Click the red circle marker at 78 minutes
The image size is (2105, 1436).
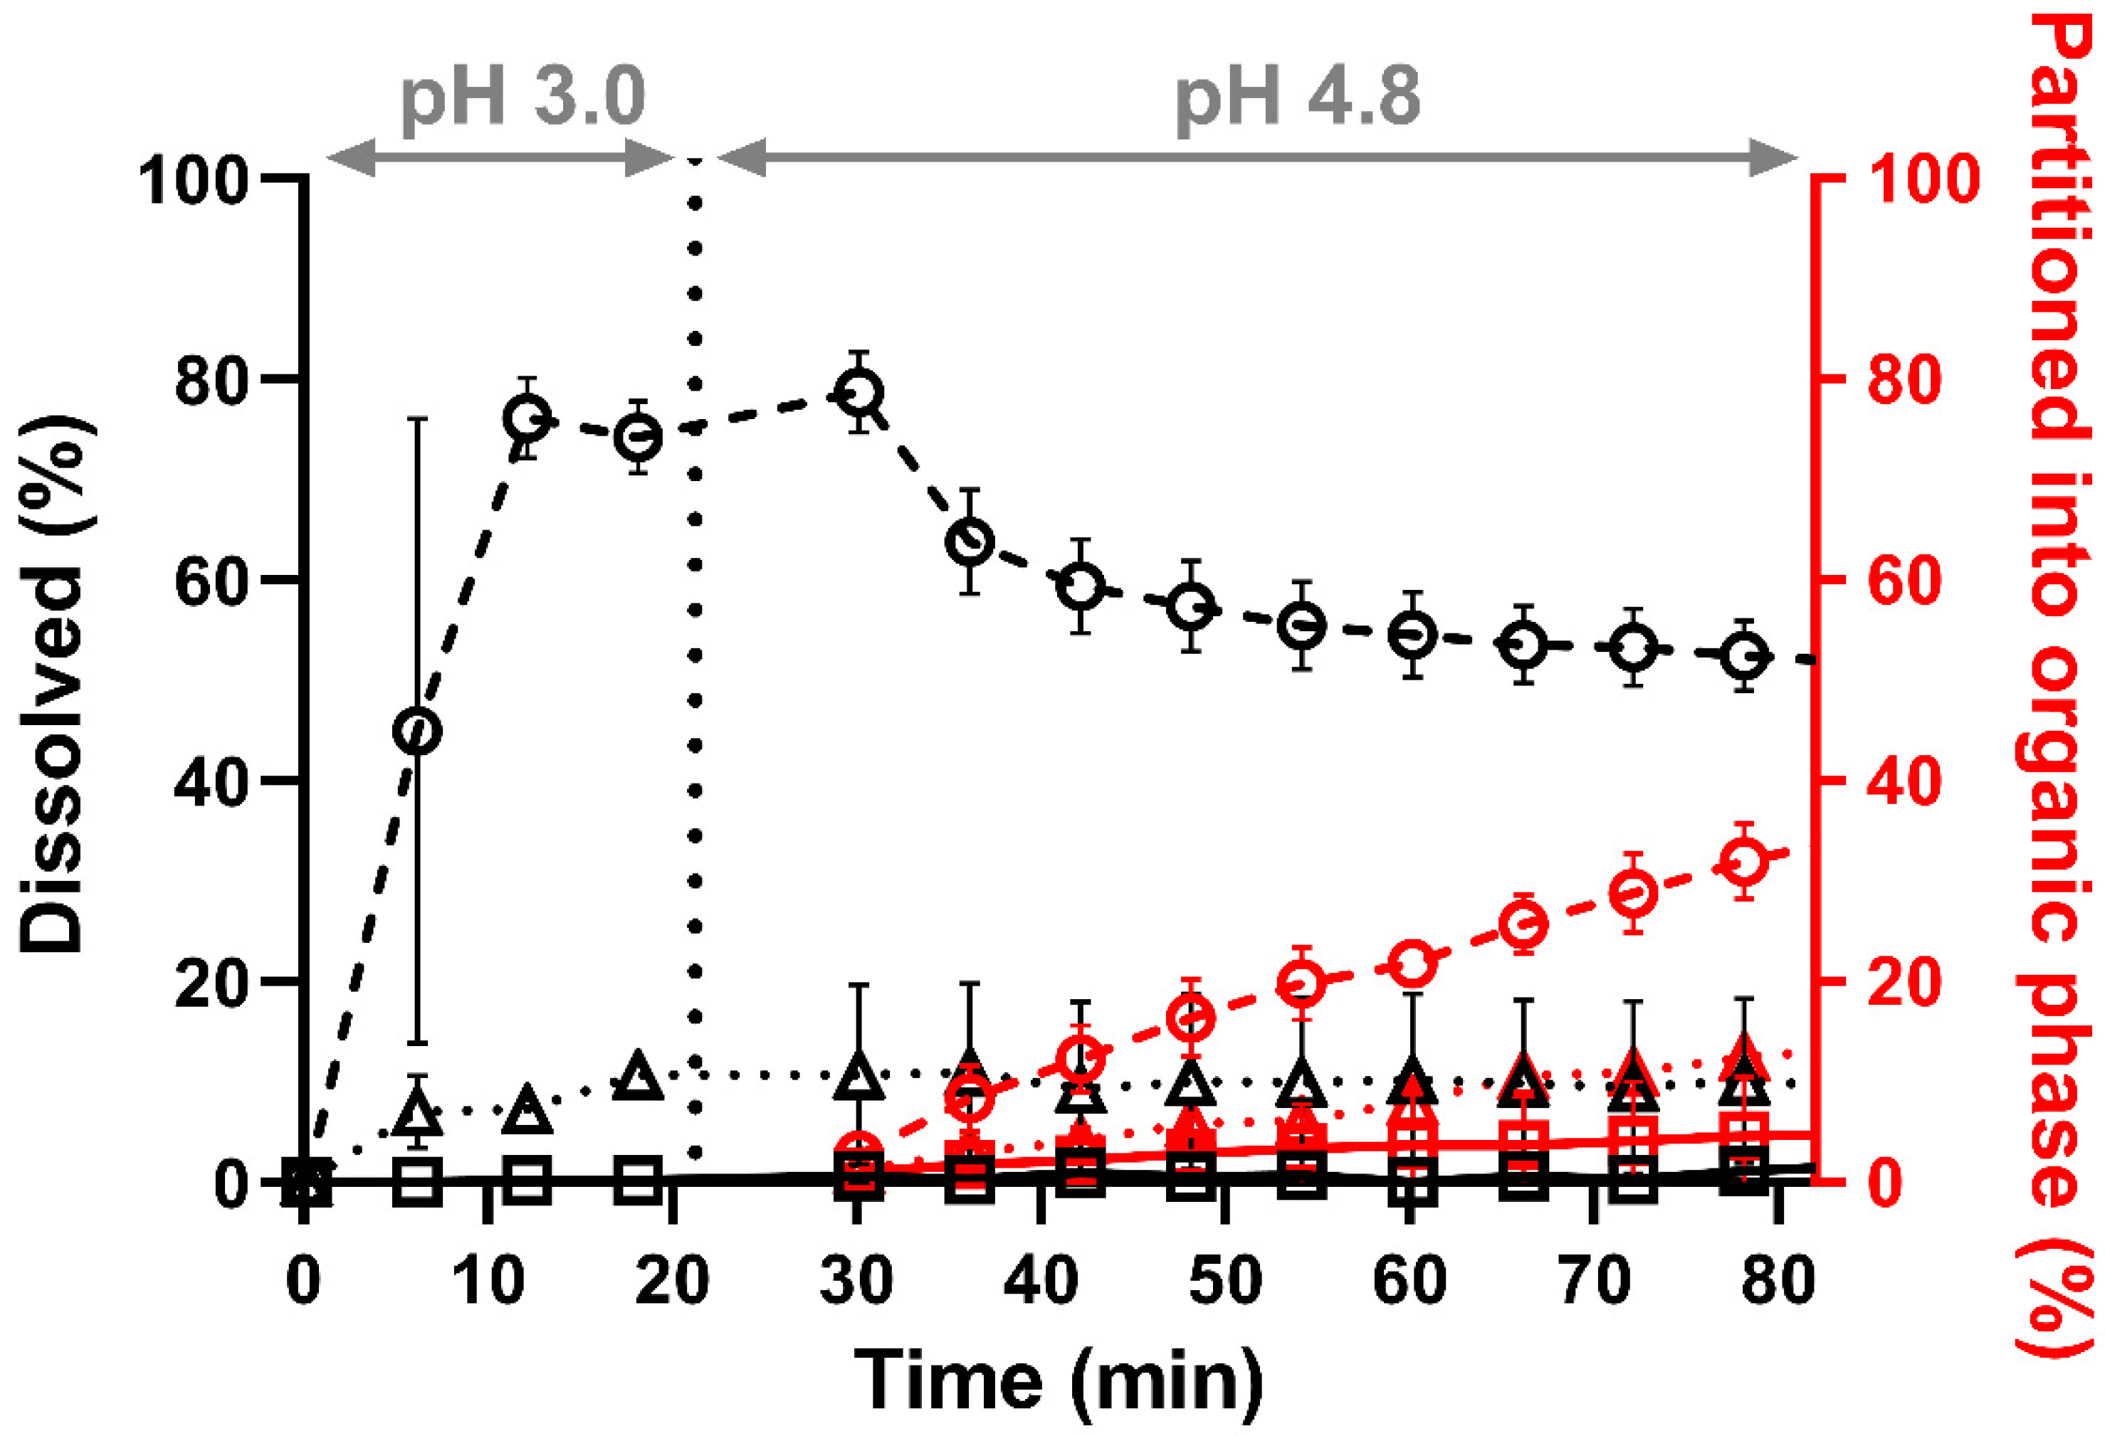[x=1746, y=861]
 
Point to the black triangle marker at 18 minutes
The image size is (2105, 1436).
[x=639, y=1077]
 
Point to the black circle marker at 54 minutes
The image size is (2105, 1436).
[x=1301, y=625]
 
